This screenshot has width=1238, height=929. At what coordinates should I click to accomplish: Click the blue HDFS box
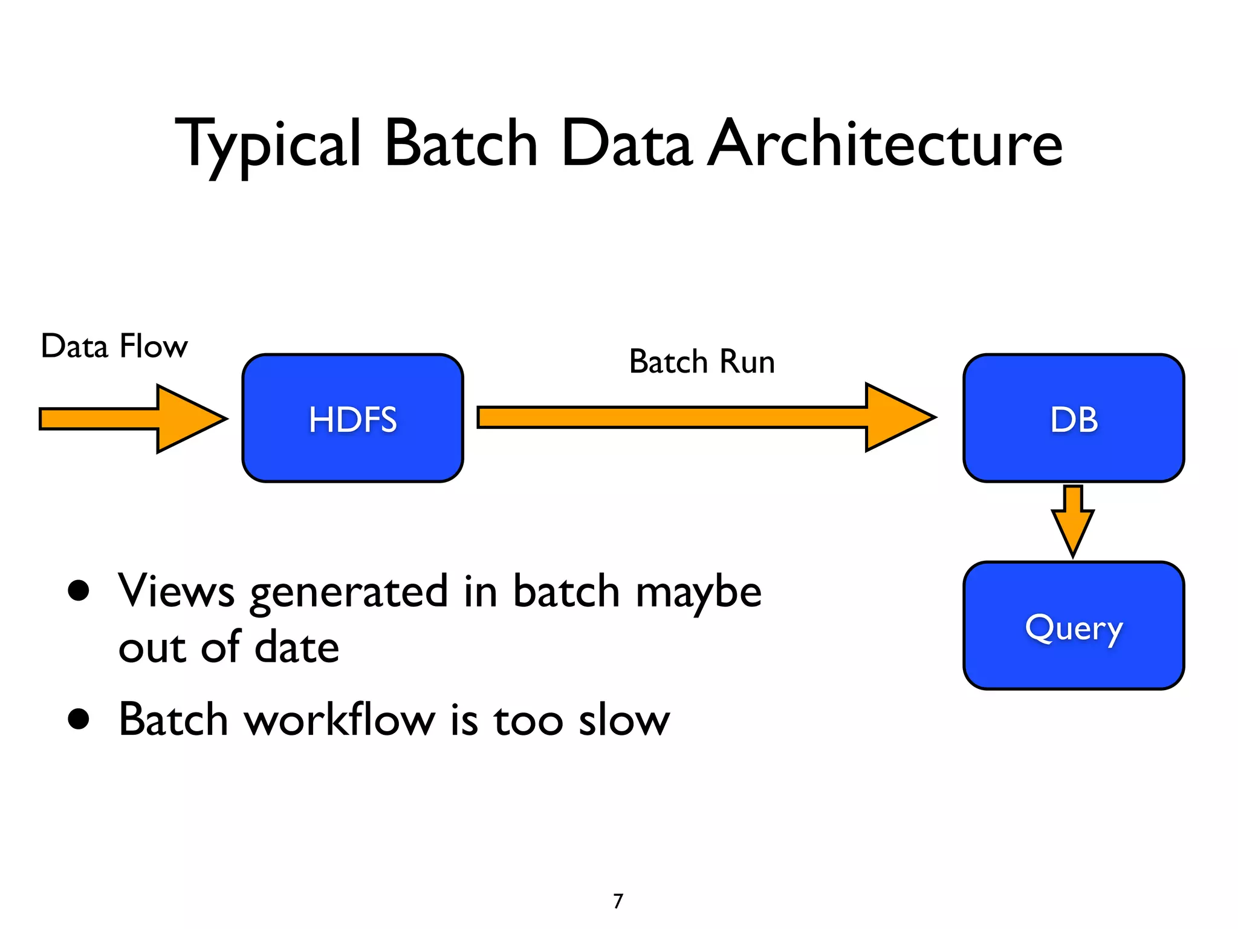[x=352, y=419]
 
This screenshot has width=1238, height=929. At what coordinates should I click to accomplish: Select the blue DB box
[x=1073, y=419]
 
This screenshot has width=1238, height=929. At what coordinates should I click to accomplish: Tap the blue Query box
[x=1073, y=626]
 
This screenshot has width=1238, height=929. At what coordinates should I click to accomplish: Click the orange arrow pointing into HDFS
[x=133, y=419]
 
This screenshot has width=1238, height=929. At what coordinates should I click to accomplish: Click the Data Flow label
[x=114, y=347]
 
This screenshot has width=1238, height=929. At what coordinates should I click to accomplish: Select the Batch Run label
[x=702, y=362]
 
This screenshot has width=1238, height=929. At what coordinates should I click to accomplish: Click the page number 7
[x=618, y=901]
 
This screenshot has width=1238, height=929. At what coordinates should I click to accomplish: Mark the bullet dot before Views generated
[x=79, y=590]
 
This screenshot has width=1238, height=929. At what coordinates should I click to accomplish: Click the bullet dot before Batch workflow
[x=79, y=719]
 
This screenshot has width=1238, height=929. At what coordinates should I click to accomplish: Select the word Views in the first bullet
[x=176, y=590]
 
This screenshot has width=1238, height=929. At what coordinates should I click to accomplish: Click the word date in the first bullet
[x=297, y=647]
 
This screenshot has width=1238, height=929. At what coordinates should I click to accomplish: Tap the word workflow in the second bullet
[x=339, y=719]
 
